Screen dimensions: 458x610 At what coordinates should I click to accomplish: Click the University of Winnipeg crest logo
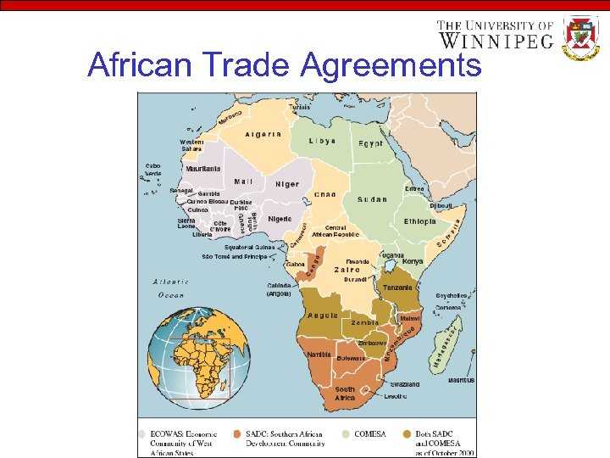pos(581,36)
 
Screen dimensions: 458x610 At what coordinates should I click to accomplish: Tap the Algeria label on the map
pos(263,135)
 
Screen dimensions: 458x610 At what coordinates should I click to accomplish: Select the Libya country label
pos(322,141)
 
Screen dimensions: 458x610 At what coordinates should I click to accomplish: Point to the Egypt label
pos(370,144)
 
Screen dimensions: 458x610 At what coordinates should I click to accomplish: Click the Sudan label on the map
pos(372,200)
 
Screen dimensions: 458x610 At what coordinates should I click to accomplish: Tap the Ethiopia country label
pos(419,221)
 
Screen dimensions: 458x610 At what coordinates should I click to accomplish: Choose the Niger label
pos(287,184)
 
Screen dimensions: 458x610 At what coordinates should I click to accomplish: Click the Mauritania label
pos(202,169)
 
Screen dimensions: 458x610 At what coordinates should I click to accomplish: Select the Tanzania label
pos(397,288)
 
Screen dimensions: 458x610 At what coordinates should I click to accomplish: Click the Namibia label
pos(319,354)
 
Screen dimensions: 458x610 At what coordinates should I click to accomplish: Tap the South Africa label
pos(345,394)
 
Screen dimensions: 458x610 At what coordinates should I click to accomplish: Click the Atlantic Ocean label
pos(170,289)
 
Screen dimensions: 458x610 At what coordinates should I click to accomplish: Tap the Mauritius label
pos(461,381)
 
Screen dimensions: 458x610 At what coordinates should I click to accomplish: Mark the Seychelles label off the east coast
pos(451,295)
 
